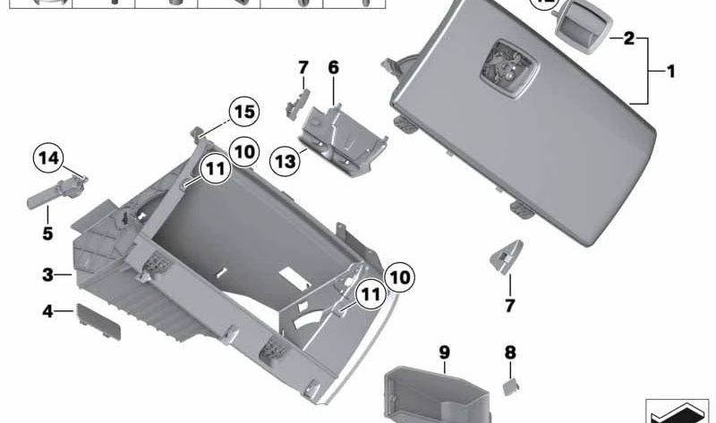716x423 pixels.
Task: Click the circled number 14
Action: pos(49,159)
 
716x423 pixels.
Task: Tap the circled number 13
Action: pos(286,161)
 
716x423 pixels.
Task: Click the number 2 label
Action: pos(628,38)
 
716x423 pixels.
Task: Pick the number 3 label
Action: pos(48,274)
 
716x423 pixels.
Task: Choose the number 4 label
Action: pos(48,311)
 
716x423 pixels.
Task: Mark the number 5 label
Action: pos(47,234)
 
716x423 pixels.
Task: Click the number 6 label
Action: pos(333,68)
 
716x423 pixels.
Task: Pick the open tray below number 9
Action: pos(434,393)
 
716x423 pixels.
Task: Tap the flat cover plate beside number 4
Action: pos(98,320)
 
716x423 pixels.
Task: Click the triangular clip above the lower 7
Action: pos(506,257)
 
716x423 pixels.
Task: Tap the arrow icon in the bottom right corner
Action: pos(677,410)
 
